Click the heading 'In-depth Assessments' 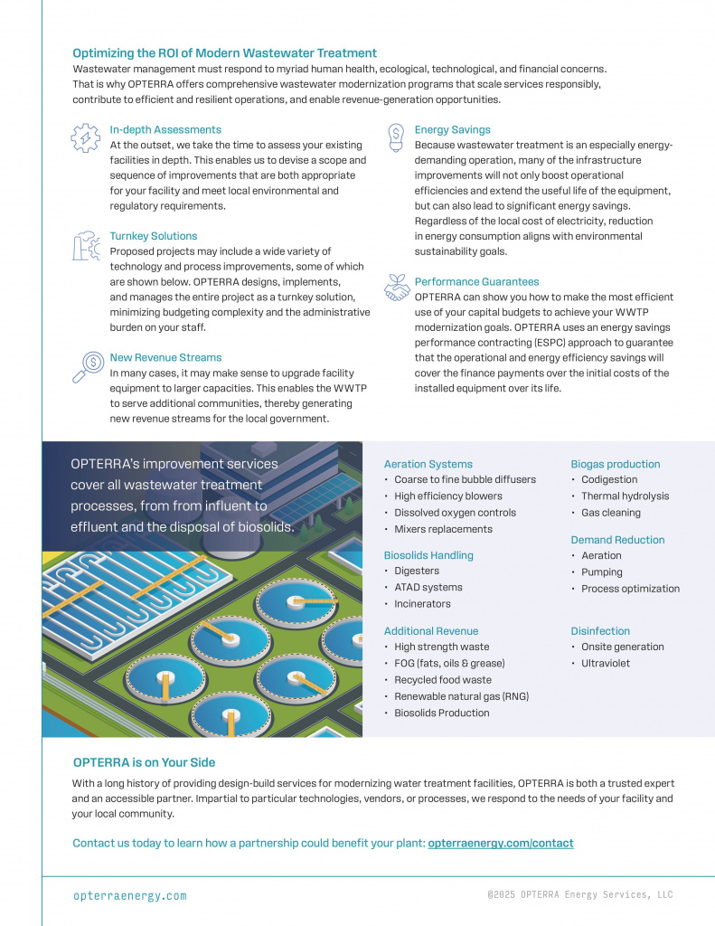(x=165, y=130)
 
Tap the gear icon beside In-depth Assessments (x=85, y=137)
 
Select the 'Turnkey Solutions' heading (x=154, y=236)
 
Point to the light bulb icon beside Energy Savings (x=395, y=137)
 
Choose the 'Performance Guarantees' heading (x=476, y=282)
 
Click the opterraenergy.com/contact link (x=501, y=843)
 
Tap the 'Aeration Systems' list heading (x=428, y=464)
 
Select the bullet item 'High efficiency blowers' (x=448, y=496)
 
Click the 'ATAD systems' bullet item (x=428, y=587)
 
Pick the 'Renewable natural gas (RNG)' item (x=461, y=696)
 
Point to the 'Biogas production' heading (x=615, y=464)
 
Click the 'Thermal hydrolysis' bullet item (x=625, y=496)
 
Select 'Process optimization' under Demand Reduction (x=630, y=589)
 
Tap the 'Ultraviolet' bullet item (x=606, y=663)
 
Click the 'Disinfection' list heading (x=600, y=631)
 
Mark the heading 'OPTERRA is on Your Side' (x=144, y=762)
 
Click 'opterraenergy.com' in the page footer (x=130, y=895)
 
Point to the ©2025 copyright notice (x=579, y=894)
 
